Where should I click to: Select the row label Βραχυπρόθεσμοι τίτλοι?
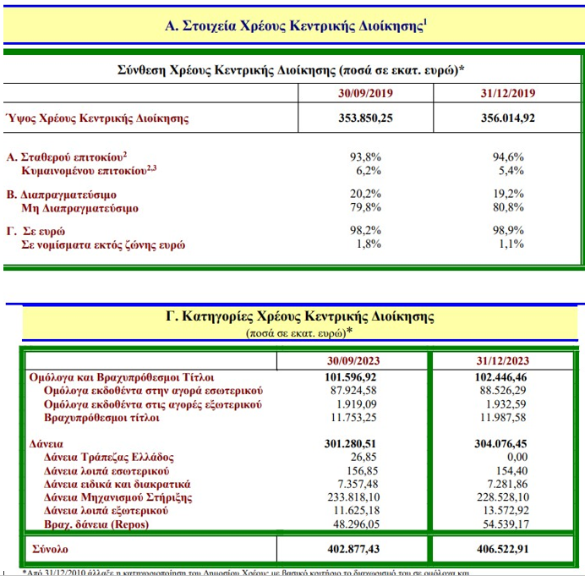coord(104,418)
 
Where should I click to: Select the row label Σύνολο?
coord(52,549)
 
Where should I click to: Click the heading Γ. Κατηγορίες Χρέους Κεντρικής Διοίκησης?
coord(299,317)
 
